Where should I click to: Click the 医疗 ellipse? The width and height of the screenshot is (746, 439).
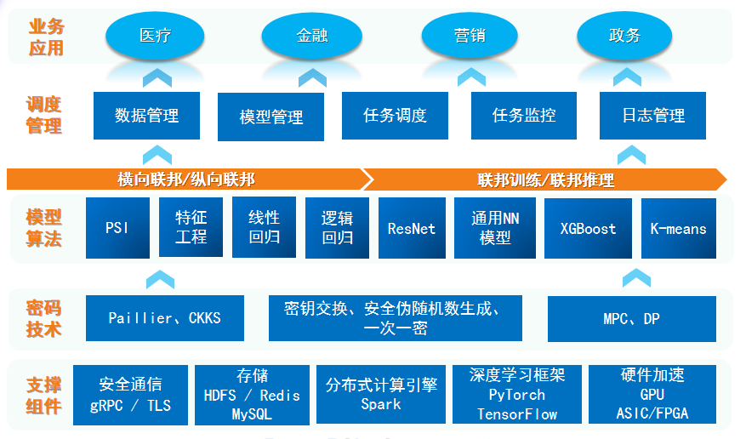[155, 36]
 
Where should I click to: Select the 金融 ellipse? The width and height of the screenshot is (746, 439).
[312, 37]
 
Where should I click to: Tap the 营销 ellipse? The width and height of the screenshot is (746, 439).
[470, 36]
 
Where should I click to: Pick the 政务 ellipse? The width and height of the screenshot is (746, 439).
[625, 36]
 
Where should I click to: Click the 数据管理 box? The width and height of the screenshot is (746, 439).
[147, 116]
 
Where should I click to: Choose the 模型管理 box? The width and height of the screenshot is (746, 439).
[271, 117]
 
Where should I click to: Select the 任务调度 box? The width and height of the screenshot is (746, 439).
[395, 116]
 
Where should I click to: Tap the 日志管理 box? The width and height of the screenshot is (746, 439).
[652, 116]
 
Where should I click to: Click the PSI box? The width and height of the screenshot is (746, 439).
[117, 228]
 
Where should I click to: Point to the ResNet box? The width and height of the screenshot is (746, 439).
[411, 228]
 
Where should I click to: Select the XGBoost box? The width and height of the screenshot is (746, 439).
[588, 228]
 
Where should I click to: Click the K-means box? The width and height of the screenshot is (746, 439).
[678, 228]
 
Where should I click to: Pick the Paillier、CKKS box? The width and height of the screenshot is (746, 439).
[164, 318]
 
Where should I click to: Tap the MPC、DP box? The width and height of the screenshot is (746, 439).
[631, 319]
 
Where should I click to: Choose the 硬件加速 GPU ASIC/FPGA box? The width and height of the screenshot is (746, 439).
[652, 394]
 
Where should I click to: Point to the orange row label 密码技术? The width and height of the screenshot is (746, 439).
[44, 318]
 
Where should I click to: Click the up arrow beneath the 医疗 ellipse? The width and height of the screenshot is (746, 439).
[157, 78]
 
